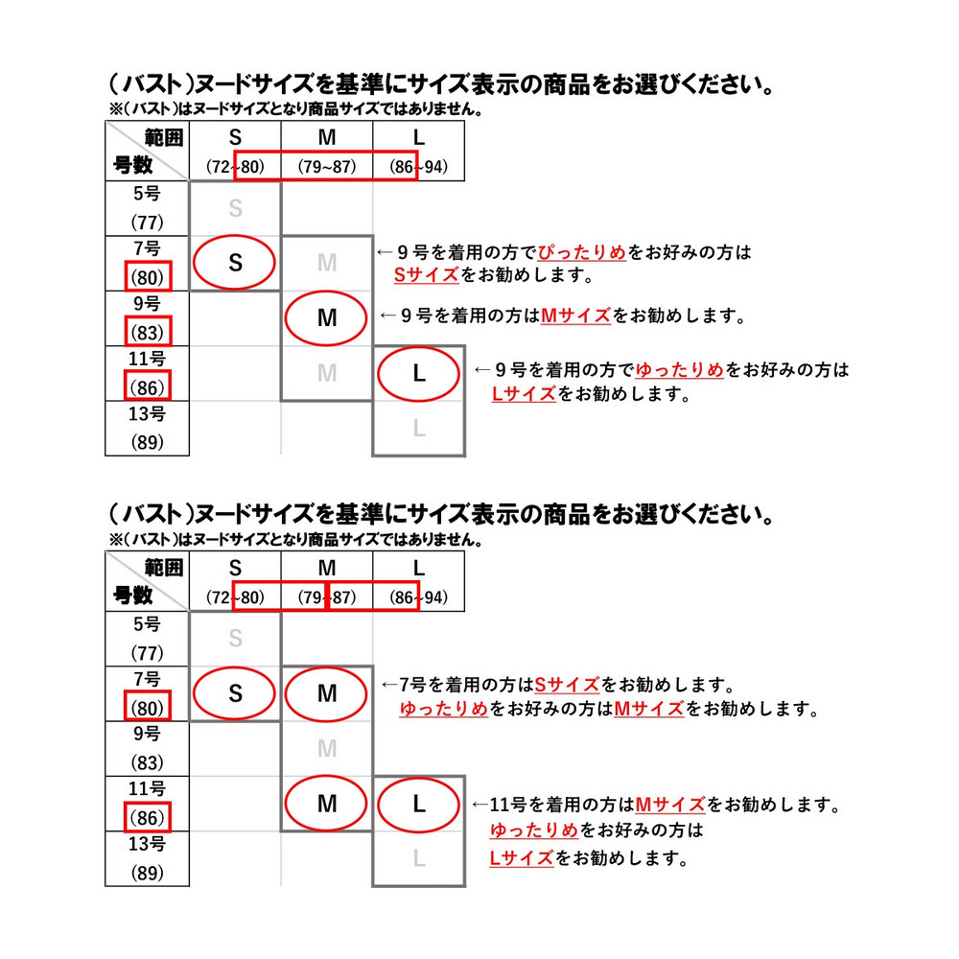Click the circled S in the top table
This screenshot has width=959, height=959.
[x=234, y=263]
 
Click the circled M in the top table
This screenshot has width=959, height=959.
[x=326, y=318]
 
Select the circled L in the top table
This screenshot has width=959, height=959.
[x=418, y=373]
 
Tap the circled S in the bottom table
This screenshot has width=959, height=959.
[x=234, y=693]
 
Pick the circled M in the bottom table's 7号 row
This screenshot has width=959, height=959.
[x=326, y=693]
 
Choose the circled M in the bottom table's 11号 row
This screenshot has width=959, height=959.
[x=326, y=804]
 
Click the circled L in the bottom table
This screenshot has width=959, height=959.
[x=418, y=804]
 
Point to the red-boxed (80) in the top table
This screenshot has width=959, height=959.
[x=148, y=277]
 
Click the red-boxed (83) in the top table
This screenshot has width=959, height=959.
[x=148, y=332]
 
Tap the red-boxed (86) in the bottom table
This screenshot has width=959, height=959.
[x=148, y=817]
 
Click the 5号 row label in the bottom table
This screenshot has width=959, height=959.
[x=147, y=624]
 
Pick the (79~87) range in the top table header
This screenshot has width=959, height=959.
[x=327, y=166]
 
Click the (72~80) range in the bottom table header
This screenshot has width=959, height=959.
[x=235, y=596]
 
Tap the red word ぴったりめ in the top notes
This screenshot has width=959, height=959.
[x=582, y=252]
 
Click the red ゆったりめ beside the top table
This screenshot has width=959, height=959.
[x=680, y=370]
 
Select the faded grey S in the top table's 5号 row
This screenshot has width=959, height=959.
[x=236, y=208]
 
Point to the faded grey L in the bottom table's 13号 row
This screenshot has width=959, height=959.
[x=419, y=858]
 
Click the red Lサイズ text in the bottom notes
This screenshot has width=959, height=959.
[x=522, y=857]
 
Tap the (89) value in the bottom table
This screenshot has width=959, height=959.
[x=148, y=872]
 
